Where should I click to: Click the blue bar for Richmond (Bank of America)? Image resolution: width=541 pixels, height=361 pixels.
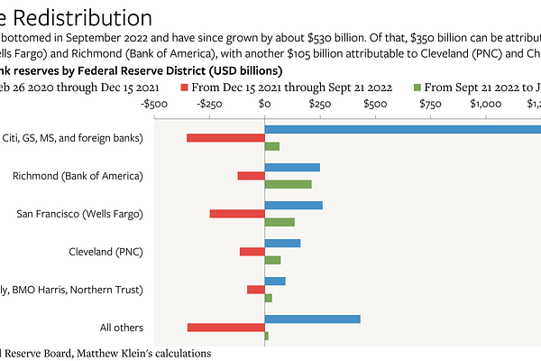[292, 167]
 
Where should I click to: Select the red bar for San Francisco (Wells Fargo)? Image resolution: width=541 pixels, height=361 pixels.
[237, 214]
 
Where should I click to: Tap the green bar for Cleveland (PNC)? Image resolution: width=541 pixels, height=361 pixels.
[272, 260]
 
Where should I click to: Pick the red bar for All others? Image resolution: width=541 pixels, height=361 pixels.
[225, 328]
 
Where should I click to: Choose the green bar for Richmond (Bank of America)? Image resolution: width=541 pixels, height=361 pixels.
[288, 184]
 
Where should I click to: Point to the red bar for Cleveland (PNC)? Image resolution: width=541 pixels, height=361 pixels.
[252, 252]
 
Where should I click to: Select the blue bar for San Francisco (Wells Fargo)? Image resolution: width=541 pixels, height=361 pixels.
[293, 205]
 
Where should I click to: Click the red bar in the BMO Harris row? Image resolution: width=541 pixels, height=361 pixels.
[255, 290]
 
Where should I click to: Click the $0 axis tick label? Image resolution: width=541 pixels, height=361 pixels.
[264, 104]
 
